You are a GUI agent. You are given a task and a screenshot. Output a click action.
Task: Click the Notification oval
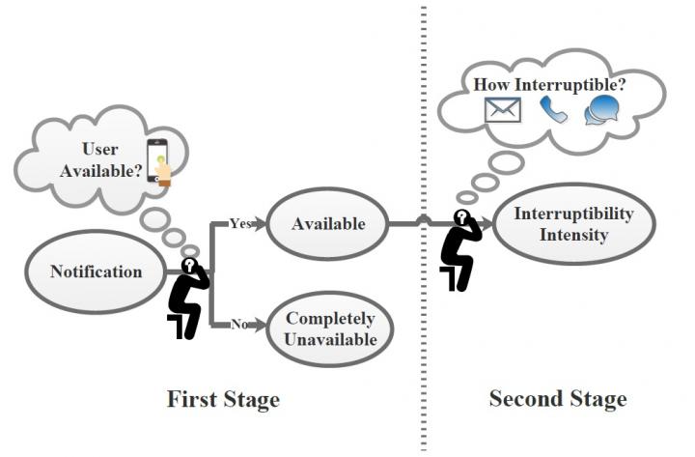96,271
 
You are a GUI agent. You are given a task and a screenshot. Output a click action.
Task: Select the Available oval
328,224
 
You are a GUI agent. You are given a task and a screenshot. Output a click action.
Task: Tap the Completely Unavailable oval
330,329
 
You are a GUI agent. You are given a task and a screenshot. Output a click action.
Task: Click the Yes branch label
241,223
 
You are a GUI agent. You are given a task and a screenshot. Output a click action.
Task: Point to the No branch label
238,325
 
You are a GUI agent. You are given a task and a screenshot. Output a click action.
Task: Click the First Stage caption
223,398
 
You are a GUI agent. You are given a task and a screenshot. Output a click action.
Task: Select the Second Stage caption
557,398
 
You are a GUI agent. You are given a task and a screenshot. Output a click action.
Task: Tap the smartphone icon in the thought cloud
159,161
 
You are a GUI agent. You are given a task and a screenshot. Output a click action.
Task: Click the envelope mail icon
503,110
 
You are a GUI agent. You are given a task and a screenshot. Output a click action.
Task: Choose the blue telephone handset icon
553,110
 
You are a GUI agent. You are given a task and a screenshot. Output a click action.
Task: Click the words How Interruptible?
547,83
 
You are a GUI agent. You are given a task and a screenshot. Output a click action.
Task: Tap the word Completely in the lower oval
330,319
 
